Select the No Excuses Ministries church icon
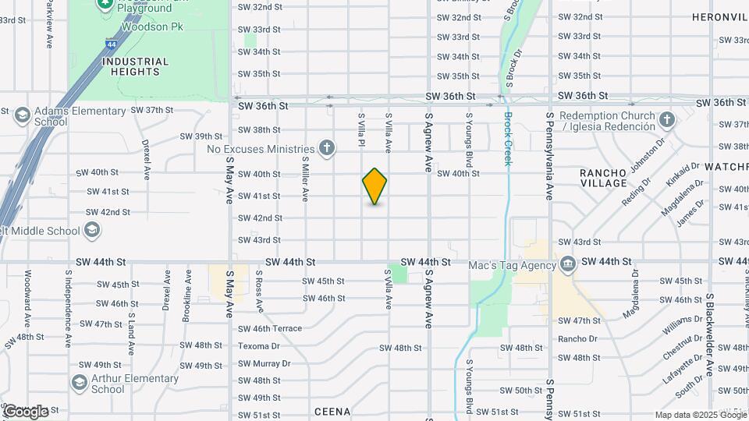[x=327, y=148]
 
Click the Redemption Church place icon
[x=666, y=120]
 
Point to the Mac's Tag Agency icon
[x=567, y=264]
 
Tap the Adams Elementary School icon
[x=22, y=115]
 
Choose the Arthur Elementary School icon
[x=79, y=383]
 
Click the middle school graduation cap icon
[x=92, y=230]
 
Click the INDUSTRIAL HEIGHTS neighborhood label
[x=135, y=66]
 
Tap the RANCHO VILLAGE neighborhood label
[x=603, y=178]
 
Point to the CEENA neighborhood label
[x=332, y=411]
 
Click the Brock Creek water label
[x=507, y=138]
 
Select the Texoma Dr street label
[x=258, y=345]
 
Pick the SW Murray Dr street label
[x=264, y=363]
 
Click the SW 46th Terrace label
[x=269, y=328]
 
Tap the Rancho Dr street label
[x=577, y=338]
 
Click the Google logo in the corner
[x=25, y=411]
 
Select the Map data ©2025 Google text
[x=699, y=415]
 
